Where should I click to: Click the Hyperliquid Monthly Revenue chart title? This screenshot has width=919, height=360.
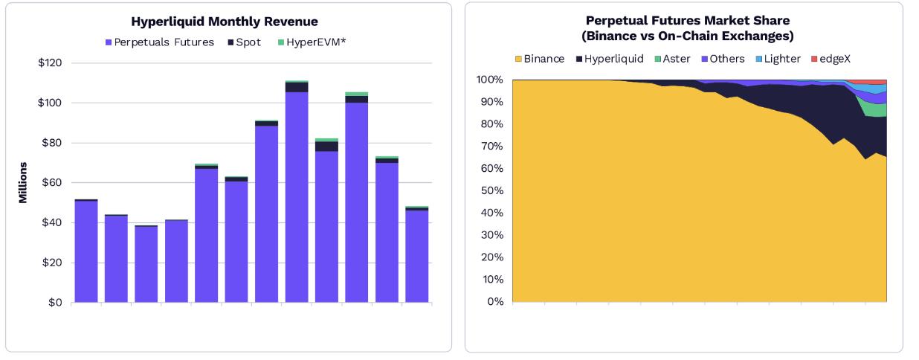[224, 22]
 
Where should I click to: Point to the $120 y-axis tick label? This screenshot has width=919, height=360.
[50, 62]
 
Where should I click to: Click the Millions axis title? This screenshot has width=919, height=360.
[23, 182]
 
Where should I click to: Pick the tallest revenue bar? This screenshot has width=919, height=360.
[297, 193]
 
